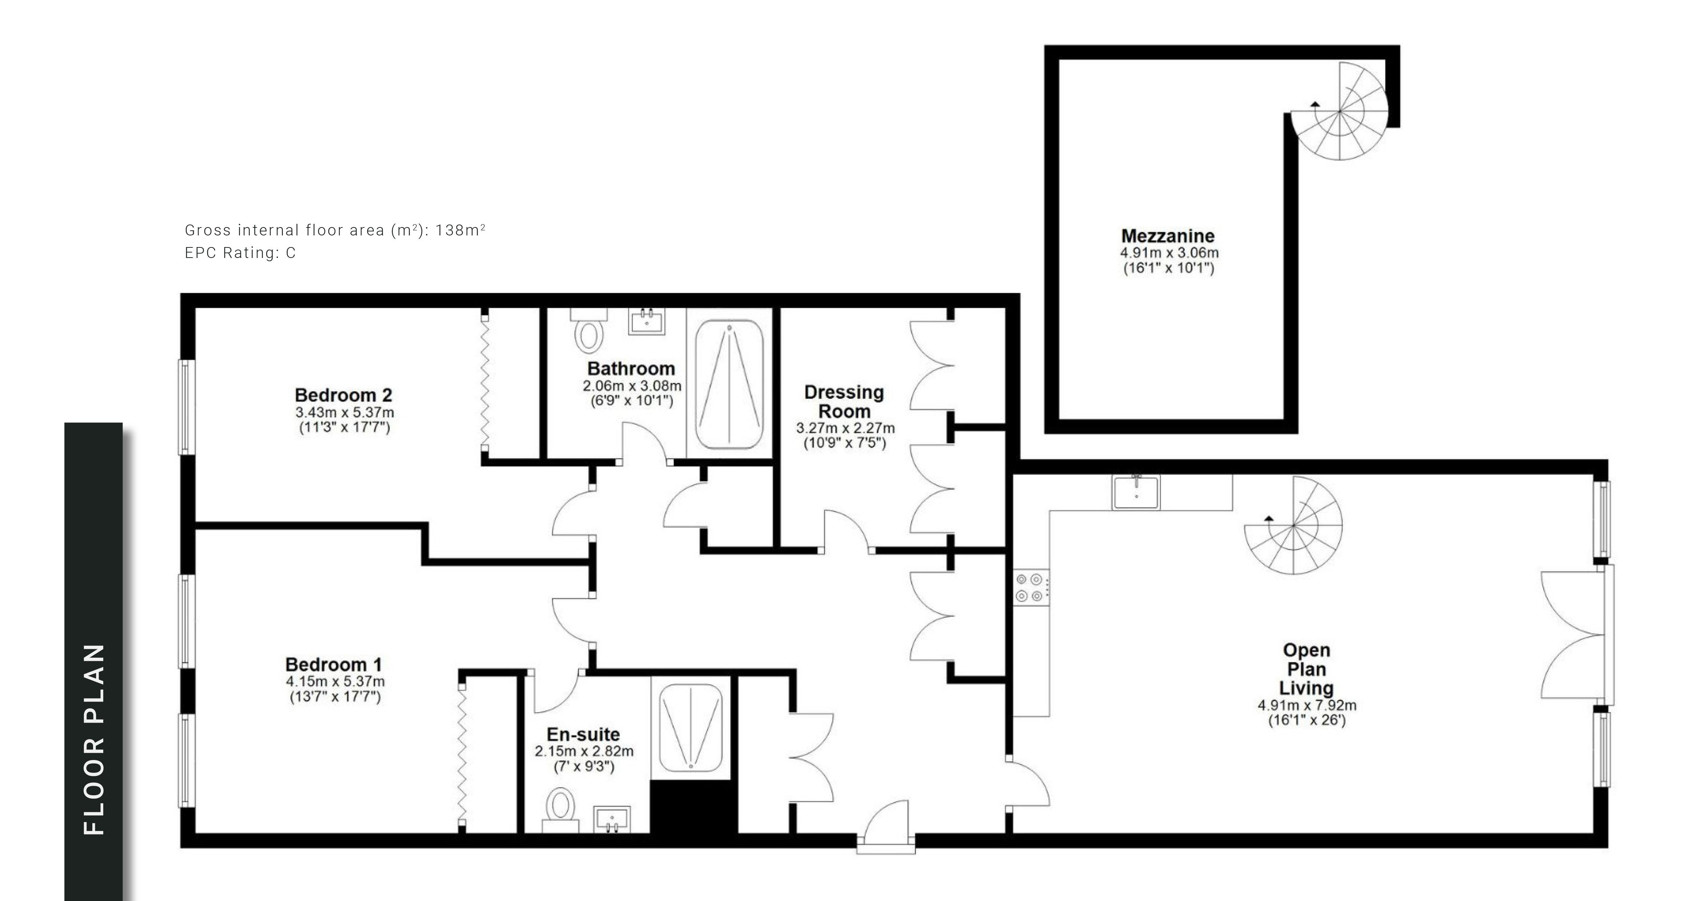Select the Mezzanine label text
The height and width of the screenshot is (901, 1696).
point(1168,236)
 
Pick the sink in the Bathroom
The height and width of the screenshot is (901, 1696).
point(646,321)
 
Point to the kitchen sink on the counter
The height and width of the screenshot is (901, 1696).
point(1136,492)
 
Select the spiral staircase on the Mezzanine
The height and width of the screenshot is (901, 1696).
point(1339,112)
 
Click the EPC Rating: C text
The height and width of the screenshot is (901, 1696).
point(240,253)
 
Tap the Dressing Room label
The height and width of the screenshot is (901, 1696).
point(844,401)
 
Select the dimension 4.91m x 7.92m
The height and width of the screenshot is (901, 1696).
point(1307,706)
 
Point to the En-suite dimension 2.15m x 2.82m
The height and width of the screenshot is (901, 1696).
point(584,751)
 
